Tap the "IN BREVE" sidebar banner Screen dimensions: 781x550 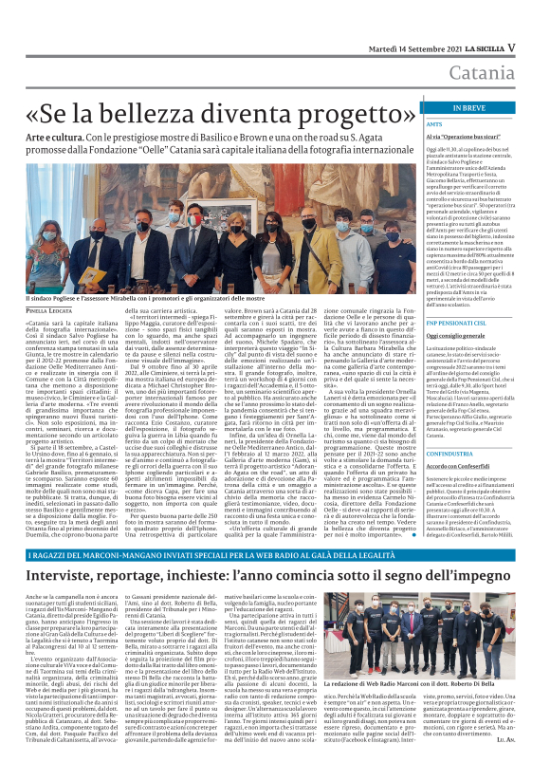click(x=468, y=107)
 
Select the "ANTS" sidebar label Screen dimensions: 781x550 click(x=435, y=124)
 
